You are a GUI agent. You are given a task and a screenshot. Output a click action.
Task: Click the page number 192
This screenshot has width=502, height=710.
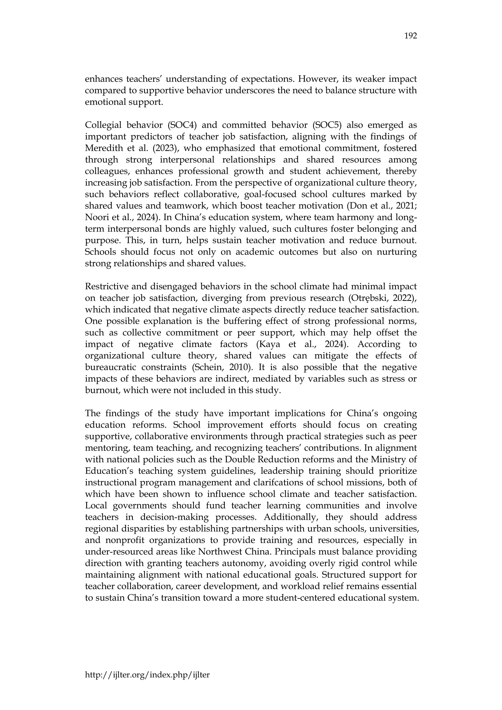tap(411, 36)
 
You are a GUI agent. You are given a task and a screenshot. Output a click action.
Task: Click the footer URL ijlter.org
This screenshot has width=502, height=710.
tap(147, 674)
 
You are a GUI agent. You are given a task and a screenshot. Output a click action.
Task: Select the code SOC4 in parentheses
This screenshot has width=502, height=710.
tap(182, 125)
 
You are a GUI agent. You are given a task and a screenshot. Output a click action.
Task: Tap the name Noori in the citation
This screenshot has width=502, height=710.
tap(96, 218)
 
